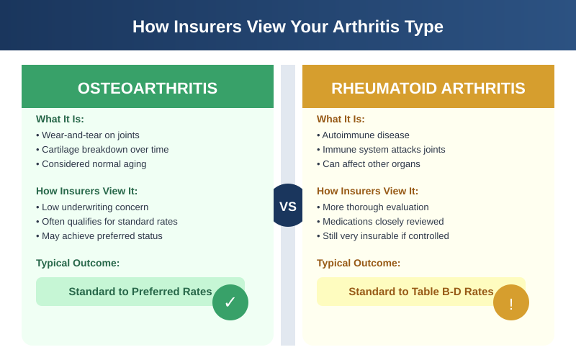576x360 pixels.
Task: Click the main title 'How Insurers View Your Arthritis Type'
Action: pyautogui.click(x=288, y=27)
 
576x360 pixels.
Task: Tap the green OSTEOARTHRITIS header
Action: pyautogui.click(x=148, y=88)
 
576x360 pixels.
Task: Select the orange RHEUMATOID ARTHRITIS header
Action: pyautogui.click(x=428, y=88)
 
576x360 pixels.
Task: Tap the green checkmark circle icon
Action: pyautogui.click(x=230, y=302)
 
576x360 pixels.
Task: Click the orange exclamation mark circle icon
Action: pyautogui.click(x=511, y=302)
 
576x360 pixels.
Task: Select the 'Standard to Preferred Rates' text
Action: pyautogui.click(x=140, y=291)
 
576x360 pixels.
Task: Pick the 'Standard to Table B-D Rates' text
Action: pyautogui.click(x=420, y=291)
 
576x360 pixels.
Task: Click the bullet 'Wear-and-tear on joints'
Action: pyautogui.click(x=90, y=135)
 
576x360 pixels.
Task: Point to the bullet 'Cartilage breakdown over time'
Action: pyautogui.click(x=104, y=149)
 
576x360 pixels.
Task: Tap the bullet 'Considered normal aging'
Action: pyautogui.click(x=94, y=163)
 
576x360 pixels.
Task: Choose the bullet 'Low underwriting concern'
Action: pyautogui.click(x=94, y=207)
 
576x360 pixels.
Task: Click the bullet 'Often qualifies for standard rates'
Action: pyautogui.click(x=109, y=221)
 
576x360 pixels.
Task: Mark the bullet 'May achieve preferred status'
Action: pyautogui.click(x=102, y=235)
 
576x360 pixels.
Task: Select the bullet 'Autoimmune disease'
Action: pyautogui.click(x=365, y=135)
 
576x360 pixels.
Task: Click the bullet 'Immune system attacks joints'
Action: pyautogui.click(x=383, y=149)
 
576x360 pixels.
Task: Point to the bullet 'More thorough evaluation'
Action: pyautogui.click(x=375, y=207)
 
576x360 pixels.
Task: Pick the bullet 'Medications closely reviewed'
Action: pyautogui.click(x=382, y=221)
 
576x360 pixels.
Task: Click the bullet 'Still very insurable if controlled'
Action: pyautogui.click(x=385, y=235)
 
